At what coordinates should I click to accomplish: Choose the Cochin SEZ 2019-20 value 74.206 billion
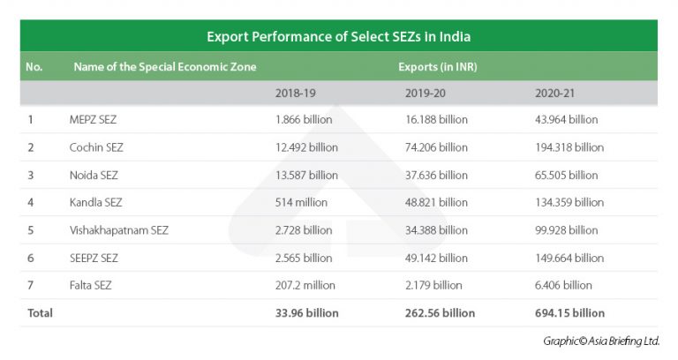coord(436,147)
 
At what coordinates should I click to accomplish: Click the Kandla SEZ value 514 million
coord(301,202)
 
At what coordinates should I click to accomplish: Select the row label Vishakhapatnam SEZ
coord(118,230)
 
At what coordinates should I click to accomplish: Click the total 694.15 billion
coord(569,313)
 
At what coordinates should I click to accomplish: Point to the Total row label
coord(40,313)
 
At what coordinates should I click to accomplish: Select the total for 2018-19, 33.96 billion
coord(307,313)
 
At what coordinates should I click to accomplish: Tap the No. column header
coord(34,66)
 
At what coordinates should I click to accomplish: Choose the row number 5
coord(31,230)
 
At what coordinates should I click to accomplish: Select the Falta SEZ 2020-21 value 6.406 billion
coord(566,285)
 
